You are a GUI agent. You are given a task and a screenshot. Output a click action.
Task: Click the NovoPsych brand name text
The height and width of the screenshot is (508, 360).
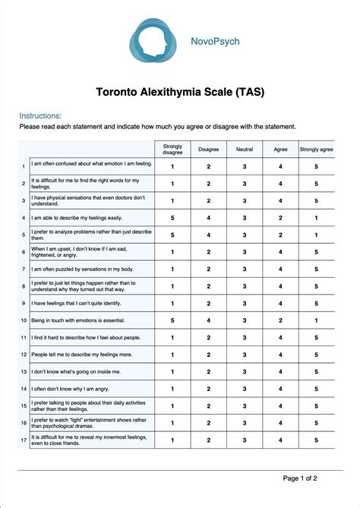pos(214,42)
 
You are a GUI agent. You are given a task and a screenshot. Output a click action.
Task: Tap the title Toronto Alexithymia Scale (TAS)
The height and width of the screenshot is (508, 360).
pos(179,92)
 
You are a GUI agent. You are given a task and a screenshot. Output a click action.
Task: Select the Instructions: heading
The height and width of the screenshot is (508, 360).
pos(40,115)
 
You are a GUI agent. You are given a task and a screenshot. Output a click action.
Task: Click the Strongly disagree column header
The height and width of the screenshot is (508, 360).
pos(172,149)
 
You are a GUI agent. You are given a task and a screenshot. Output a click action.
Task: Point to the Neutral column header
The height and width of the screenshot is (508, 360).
pos(244,150)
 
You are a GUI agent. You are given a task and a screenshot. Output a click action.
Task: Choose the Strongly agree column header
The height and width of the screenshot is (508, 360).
pos(316,150)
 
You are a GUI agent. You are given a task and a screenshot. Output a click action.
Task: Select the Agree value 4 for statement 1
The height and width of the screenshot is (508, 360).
pos(280,166)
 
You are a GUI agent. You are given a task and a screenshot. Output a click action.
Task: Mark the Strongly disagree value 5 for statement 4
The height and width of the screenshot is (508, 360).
pos(172,217)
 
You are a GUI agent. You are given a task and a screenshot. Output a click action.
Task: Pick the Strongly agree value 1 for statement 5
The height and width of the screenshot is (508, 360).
pos(316,235)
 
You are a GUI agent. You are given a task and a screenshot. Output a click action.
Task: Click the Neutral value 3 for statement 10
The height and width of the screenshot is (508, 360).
pos(244,320)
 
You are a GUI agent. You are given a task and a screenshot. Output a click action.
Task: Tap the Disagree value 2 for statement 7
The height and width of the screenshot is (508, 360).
pos(208,269)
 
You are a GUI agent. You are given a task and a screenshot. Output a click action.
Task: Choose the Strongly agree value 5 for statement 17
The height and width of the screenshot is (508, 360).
pos(316,440)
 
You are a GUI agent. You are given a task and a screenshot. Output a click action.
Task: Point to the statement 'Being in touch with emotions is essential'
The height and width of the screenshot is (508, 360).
pos(76,320)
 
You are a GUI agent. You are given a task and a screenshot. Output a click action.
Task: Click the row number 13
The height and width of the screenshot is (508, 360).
pos(24,371)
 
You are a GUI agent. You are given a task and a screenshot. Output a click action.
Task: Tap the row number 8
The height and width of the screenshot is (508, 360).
pos(24,286)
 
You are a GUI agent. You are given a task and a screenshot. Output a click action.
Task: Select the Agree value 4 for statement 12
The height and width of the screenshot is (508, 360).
pos(280,355)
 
